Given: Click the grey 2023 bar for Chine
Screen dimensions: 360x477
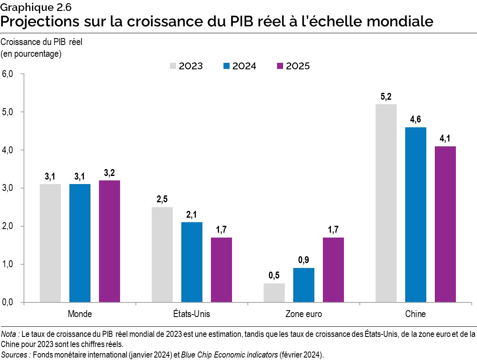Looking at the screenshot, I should [386, 203].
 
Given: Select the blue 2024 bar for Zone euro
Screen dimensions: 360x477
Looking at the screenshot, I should [303, 285].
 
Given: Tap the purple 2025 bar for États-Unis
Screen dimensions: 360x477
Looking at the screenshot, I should [221, 270].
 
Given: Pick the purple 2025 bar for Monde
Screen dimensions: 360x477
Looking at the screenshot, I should [109, 241].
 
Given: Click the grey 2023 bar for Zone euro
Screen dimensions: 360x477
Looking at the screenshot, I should [274, 293].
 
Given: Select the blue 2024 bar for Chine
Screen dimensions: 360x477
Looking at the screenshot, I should [415, 214].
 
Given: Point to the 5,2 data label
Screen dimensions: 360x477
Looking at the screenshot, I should [386, 97].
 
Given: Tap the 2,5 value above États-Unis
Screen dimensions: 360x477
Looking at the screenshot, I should [162, 200].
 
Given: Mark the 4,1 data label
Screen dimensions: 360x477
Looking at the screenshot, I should [445, 139].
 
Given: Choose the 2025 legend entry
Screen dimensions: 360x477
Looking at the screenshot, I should [292, 66].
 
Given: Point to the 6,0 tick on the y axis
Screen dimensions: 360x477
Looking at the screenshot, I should [8, 74].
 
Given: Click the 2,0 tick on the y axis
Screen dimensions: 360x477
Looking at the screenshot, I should [8, 226].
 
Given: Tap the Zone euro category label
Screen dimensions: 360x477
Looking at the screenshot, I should [303, 314].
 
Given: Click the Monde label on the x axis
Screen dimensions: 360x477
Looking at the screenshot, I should [79, 314].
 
